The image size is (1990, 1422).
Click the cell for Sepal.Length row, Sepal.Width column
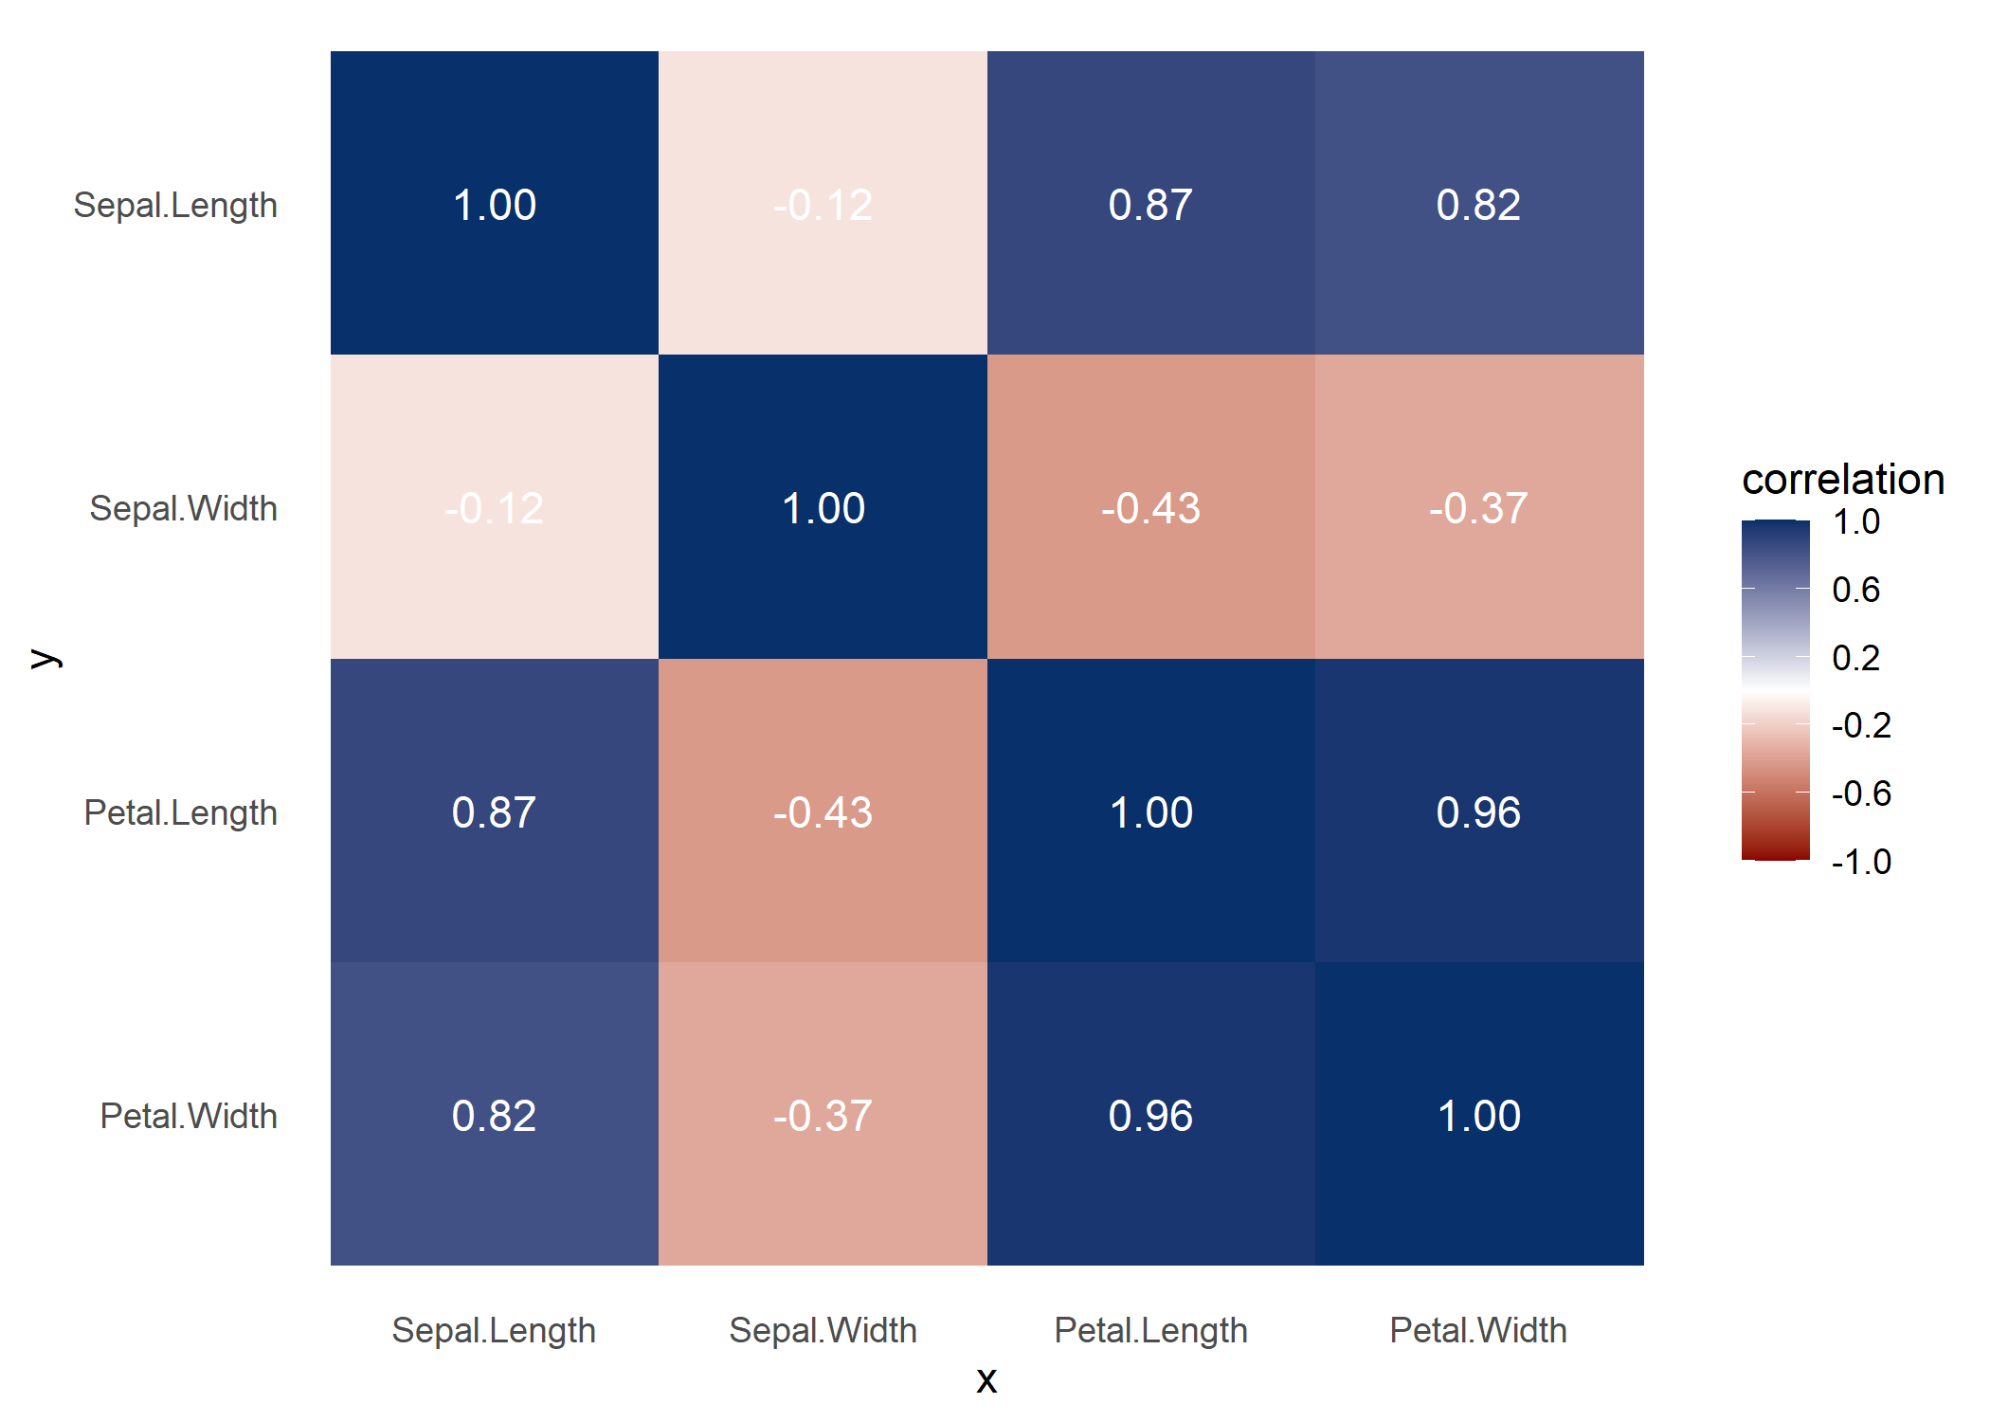click(x=823, y=204)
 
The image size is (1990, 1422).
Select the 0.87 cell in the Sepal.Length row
click(x=1150, y=204)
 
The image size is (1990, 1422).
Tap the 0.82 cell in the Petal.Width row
click(x=494, y=1115)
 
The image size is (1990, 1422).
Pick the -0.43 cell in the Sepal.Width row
click(x=1150, y=507)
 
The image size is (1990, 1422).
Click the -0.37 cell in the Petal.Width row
click(x=823, y=1115)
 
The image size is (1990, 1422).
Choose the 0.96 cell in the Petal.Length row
click(x=1478, y=811)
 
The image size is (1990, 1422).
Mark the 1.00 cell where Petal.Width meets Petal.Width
click(x=1478, y=1115)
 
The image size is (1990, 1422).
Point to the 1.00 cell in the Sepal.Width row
click(x=823, y=507)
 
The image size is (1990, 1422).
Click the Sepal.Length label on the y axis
click(x=175, y=205)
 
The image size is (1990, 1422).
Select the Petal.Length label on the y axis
click(x=180, y=812)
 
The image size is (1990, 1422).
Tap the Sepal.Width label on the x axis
click(x=823, y=1330)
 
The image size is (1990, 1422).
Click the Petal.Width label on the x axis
click(x=1478, y=1330)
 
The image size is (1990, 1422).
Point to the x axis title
click(x=986, y=1379)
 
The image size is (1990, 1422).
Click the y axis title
click(x=45, y=658)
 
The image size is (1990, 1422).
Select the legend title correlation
click(x=1843, y=480)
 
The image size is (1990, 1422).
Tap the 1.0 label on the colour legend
click(x=1855, y=521)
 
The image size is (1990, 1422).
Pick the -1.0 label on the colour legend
click(x=1861, y=862)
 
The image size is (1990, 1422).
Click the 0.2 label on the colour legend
click(x=1855, y=658)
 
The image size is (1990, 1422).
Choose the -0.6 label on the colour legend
click(x=1861, y=793)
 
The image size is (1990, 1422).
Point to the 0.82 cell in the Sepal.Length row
click(x=1478, y=204)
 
